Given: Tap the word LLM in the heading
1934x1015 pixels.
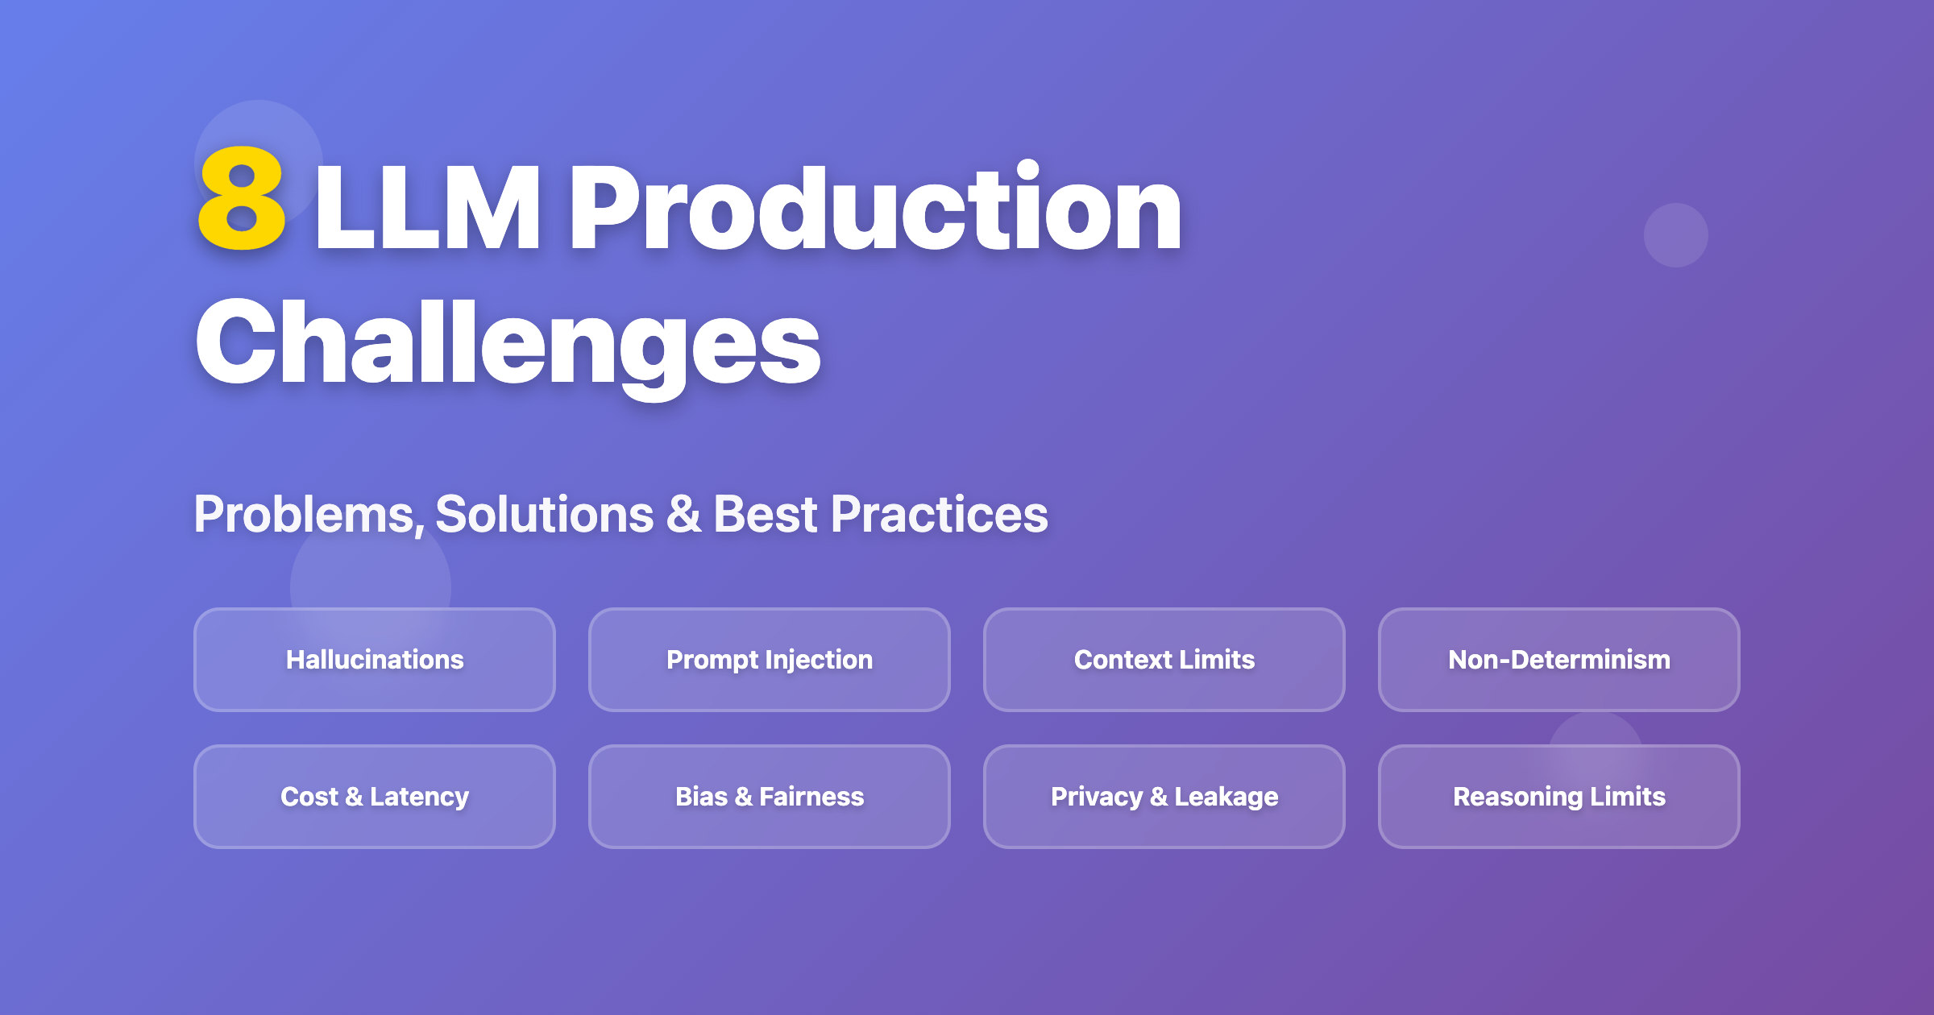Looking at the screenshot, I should [x=427, y=208].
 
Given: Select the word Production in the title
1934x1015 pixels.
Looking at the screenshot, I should [x=875, y=208].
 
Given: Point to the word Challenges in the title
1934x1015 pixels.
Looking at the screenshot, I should [x=508, y=342].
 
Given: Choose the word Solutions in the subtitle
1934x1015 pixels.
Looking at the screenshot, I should [x=545, y=515].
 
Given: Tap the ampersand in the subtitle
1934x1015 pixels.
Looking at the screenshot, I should [x=683, y=515].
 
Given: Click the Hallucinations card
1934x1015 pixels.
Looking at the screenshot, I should [x=375, y=660].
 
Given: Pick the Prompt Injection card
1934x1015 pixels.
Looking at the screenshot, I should [x=770, y=660].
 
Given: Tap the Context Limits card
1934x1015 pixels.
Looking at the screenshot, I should [x=1164, y=660].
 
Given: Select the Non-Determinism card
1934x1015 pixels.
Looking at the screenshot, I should [x=1559, y=660].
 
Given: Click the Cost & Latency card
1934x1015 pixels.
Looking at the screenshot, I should [x=375, y=797].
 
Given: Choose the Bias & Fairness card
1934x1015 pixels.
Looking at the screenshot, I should [x=770, y=797].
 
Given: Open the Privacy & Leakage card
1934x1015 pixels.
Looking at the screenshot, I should [x=1164, y=797].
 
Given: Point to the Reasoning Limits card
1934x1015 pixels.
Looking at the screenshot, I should [x=1559, y=797].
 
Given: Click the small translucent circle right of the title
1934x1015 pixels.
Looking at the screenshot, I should [x=1676, y=235].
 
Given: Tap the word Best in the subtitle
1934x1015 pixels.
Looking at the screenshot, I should [x=766, y=515].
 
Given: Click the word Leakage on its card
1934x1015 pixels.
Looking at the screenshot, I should [x=1226, y=797].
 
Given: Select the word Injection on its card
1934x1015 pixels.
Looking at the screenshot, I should [x=820, y=660].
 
